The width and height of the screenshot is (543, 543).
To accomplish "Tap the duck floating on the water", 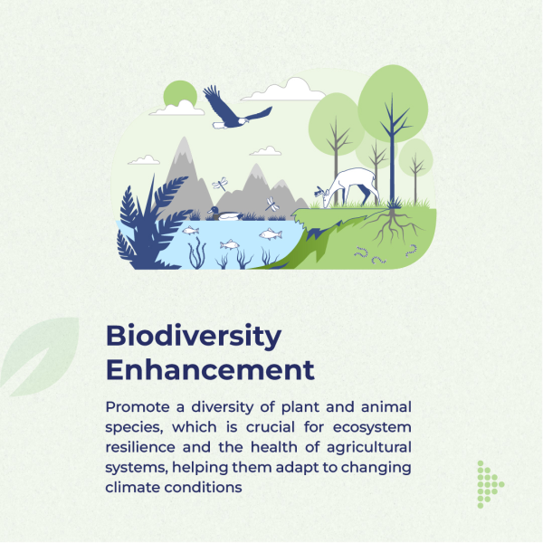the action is pos(225,214).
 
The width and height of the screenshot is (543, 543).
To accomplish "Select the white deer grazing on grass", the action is pos(349,187).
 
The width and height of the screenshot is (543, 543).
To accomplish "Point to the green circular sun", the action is pos(180,93).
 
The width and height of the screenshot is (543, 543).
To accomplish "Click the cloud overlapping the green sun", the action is pos(177,109).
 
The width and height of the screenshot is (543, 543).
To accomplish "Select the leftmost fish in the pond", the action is pos(190,230).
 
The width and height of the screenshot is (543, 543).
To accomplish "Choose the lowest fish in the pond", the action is pos(230,245).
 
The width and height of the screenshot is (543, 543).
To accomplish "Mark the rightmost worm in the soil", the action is pos(412,251).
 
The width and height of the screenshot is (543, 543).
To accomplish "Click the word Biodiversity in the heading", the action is pos(194,336).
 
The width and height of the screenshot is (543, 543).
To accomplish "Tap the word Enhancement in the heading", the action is pos(210,370).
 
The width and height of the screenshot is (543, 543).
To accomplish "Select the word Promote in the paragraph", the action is pos(138,407).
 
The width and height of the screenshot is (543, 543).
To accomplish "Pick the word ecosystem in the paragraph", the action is pos(372,428).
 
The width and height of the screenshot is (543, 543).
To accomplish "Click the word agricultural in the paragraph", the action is pos(369,447).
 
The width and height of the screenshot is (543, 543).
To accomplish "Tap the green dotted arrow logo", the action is pos(490,484).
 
